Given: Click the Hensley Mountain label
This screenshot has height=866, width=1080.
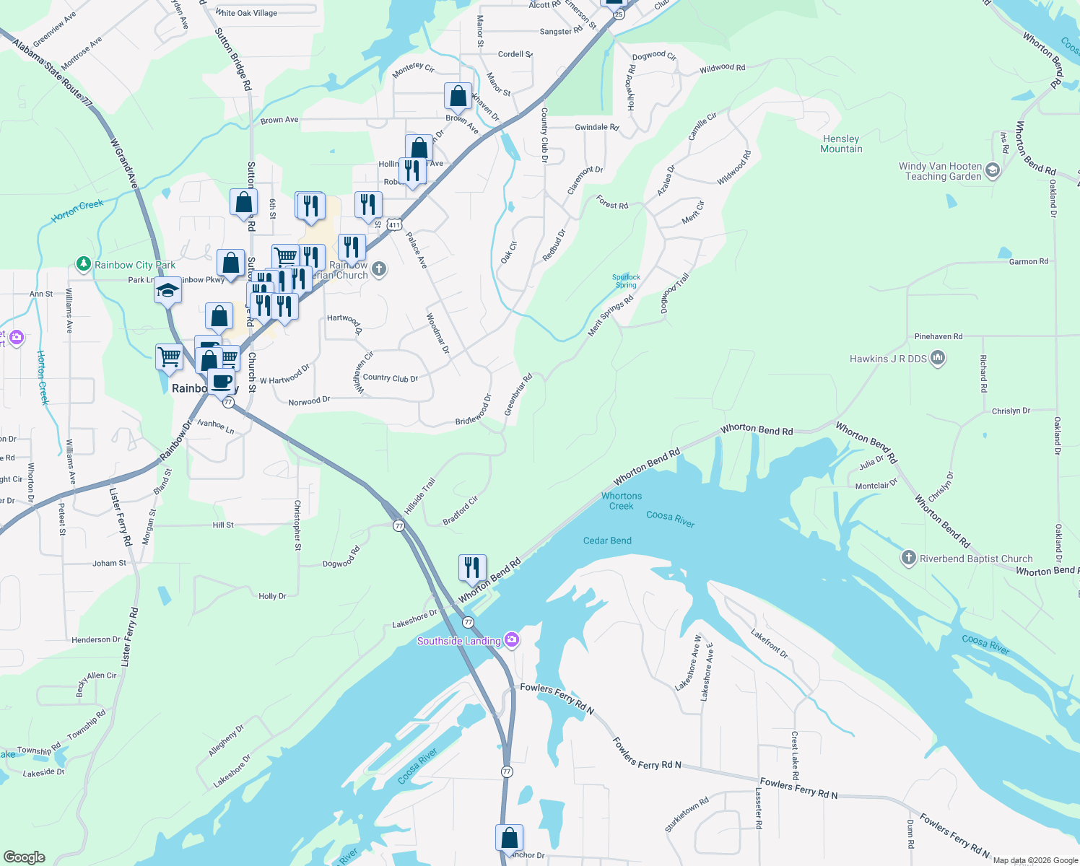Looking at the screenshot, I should [x=841, y=144].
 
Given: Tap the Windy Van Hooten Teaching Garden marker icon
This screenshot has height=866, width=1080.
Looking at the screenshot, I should [x=993, y=171].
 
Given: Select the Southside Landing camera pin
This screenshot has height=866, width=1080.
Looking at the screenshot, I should [x=512, y=640].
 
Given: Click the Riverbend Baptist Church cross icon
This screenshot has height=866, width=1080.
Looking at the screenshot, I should [x=909, y=558].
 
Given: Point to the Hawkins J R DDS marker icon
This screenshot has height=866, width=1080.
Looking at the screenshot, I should [x=938, y=358].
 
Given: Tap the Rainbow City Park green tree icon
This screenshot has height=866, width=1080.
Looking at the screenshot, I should [x=84, y=265].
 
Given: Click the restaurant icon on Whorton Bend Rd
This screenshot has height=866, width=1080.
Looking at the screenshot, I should [x=472, y=568].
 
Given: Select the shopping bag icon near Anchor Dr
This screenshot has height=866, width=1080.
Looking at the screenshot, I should [x=509, y=838].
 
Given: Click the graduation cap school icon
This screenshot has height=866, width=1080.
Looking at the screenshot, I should [x=167, y=291].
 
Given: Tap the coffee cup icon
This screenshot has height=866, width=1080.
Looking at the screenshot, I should [x=222, y=381].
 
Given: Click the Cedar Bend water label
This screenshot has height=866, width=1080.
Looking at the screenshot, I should [x=607, y=541].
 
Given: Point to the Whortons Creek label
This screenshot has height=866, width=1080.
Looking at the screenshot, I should [x=622, y=501].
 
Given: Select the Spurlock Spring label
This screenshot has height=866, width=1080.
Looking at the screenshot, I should [x=626, y=281].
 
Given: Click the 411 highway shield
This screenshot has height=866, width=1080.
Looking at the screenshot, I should [x=393, y=225].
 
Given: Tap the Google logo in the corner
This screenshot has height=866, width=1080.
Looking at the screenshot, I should [x=25, y=857].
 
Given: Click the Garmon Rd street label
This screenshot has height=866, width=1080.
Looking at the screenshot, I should [x=1028, y=261].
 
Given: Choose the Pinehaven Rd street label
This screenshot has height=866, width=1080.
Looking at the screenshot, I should [x=938, y=336].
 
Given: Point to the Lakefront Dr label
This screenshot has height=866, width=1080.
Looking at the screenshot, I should [x=770, y=643].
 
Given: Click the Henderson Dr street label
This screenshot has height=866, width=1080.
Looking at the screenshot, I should [x=96, y=639].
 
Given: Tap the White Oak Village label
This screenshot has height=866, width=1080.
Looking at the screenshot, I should [x=246, y=13].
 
